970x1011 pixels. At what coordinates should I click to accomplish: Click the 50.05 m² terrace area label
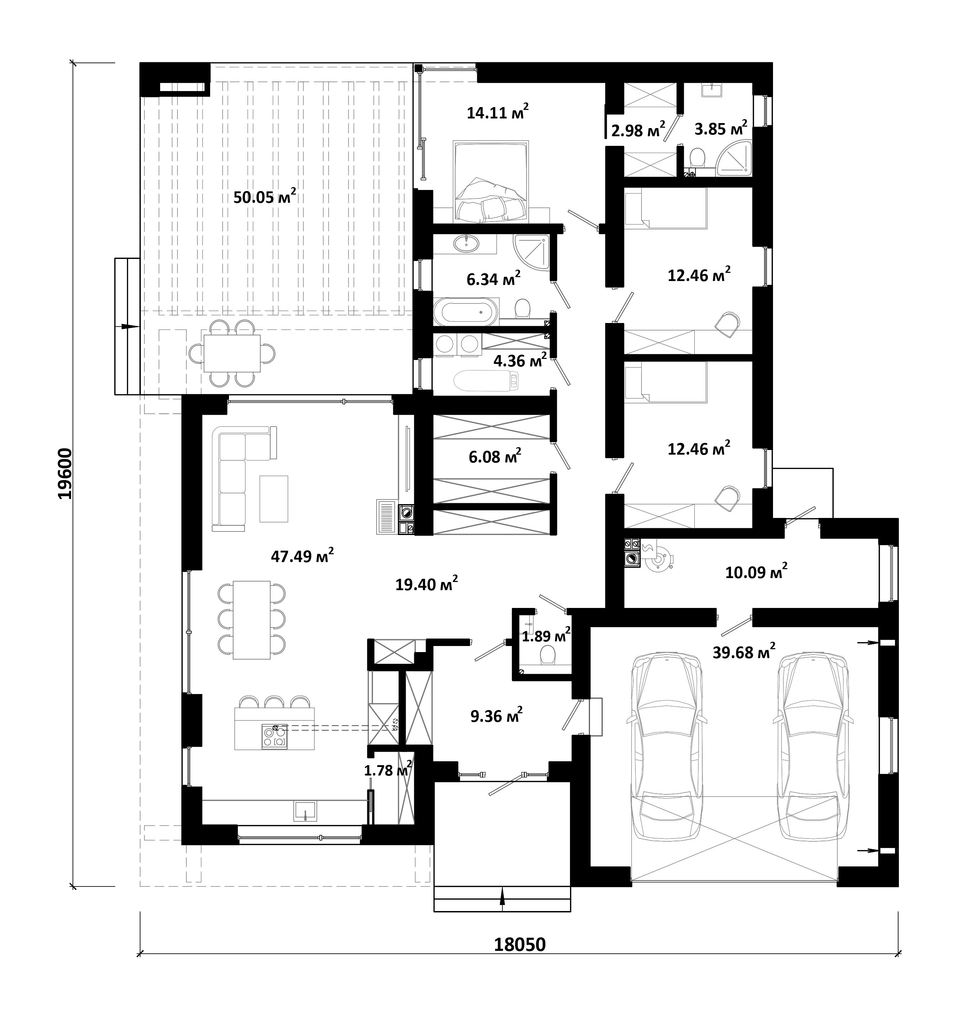point(265,196)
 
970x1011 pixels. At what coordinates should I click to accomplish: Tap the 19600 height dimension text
point(65,473)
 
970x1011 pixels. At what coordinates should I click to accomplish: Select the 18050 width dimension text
point(519,944)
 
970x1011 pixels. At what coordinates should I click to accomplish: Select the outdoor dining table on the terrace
point(231,353)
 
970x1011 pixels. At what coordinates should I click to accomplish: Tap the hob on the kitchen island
point(275,736)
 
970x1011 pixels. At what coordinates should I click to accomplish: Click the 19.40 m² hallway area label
point(426,584)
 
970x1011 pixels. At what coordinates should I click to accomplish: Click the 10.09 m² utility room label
point(756,572)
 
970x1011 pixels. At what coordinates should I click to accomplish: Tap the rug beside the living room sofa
point(273,499)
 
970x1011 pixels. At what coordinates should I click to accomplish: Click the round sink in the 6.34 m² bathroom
point(467,243)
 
